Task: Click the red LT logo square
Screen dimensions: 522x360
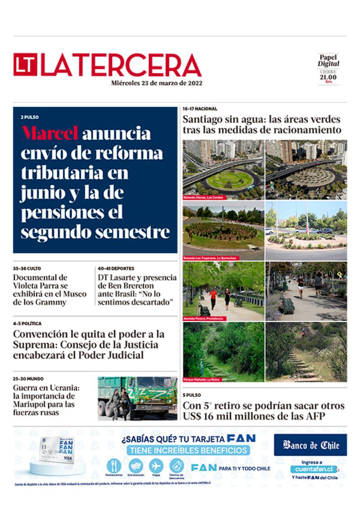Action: (x=25, y=65)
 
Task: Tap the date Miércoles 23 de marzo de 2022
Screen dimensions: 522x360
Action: (x=157, y=83)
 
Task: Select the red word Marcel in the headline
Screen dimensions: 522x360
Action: (x=50, y=133)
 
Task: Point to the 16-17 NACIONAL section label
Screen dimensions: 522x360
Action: (x=200, y=109)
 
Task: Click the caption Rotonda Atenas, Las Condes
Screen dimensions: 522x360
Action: (x=203, y=198)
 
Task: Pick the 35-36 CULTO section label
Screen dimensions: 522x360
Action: (x=27, y=269)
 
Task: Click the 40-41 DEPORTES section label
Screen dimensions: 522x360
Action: (x=116, y=269)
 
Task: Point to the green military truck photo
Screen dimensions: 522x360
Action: (x=137, y=398)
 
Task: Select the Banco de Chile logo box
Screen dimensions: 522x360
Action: (x=310, y=445)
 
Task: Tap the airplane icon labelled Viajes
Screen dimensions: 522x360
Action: (x=156, y=465)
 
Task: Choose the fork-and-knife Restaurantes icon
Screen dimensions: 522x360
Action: (x=113, y=465)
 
